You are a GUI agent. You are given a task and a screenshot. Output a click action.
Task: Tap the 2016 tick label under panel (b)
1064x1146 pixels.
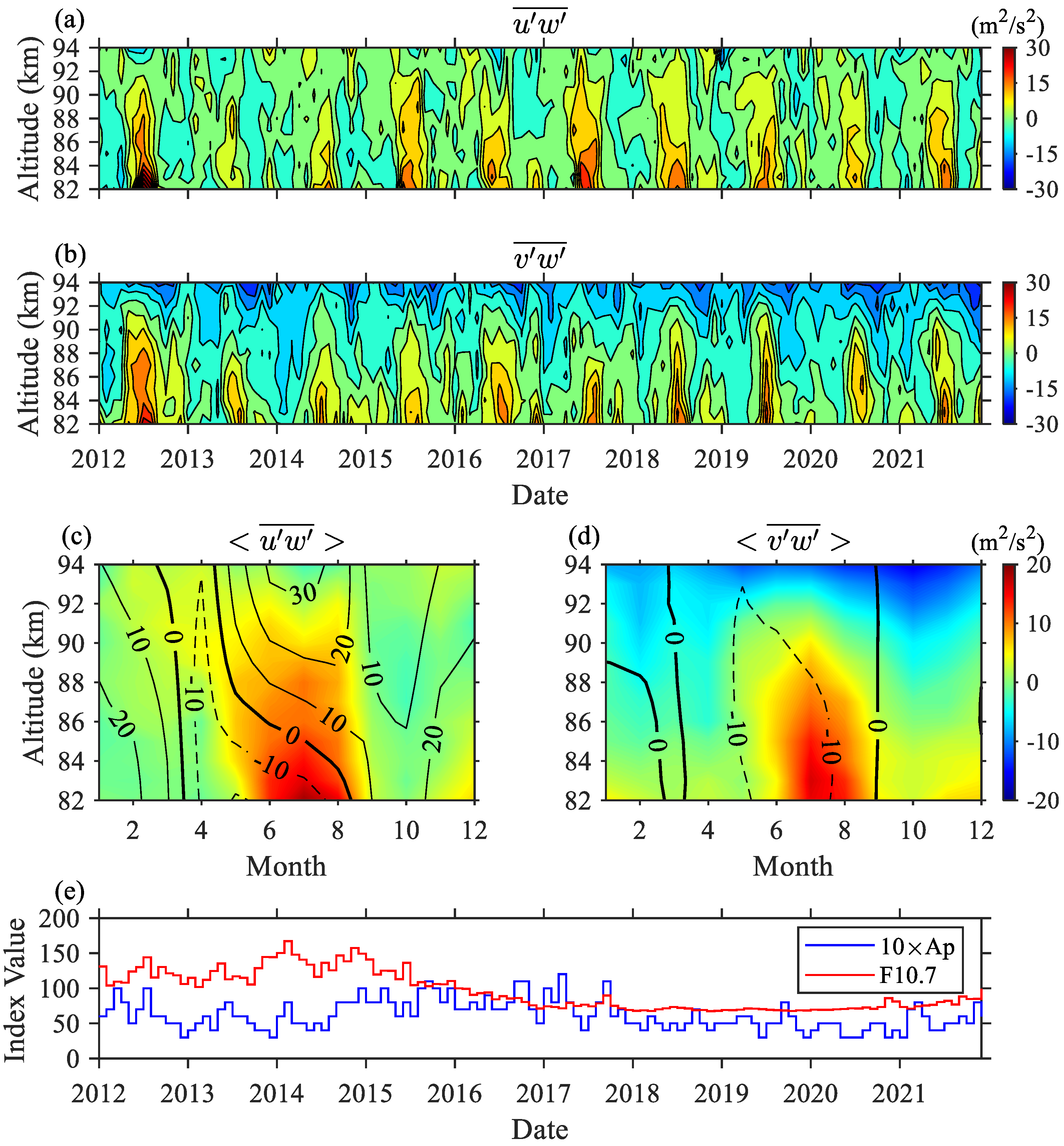[454, 459]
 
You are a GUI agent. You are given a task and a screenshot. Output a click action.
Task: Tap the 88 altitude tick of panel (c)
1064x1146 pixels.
[72, 683]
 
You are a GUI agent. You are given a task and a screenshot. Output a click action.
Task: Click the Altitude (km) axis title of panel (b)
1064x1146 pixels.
[29, 353]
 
